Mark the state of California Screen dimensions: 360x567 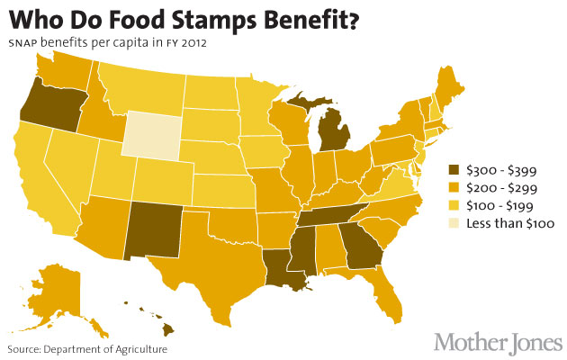tap(36, 180)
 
